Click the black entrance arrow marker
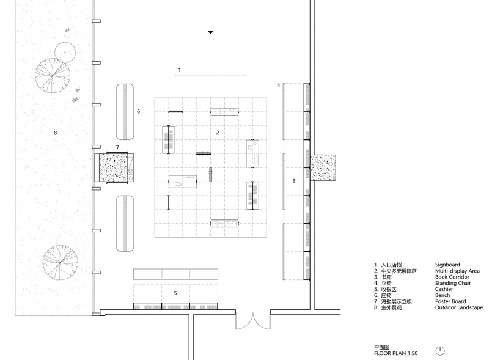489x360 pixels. click(x=211, y=32)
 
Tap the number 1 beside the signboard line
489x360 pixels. click(x=179, y=70)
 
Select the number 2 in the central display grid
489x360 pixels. click(x=218, y=133)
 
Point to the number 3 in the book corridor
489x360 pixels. click(x=294, y=181)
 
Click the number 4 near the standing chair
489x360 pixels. click(x=279, y=85)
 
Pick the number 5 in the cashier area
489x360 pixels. click(x=175, y=293)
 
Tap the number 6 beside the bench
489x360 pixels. click(x=139, y=111)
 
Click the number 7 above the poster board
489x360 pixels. click(x=117, y=147)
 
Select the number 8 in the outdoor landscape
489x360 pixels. click(x=56, y=133)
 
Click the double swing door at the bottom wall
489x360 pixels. click(x=253, y=321)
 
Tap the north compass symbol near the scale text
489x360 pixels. click(x=439, y=351)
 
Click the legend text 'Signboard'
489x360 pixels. click(x=447, y=265)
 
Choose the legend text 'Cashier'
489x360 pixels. click(x=444, y=289)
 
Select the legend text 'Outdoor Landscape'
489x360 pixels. click(x=459, y=307)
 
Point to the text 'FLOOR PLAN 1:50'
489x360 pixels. click(x=395, y=353)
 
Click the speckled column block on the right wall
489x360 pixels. click(x=323, y=167)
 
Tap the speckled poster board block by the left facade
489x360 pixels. click(x=113, y=167)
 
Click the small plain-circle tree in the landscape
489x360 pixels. click(x=65, y=53)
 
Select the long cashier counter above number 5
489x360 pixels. click(x=175, y=274)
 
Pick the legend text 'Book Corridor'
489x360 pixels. click(x=452, y=277)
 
